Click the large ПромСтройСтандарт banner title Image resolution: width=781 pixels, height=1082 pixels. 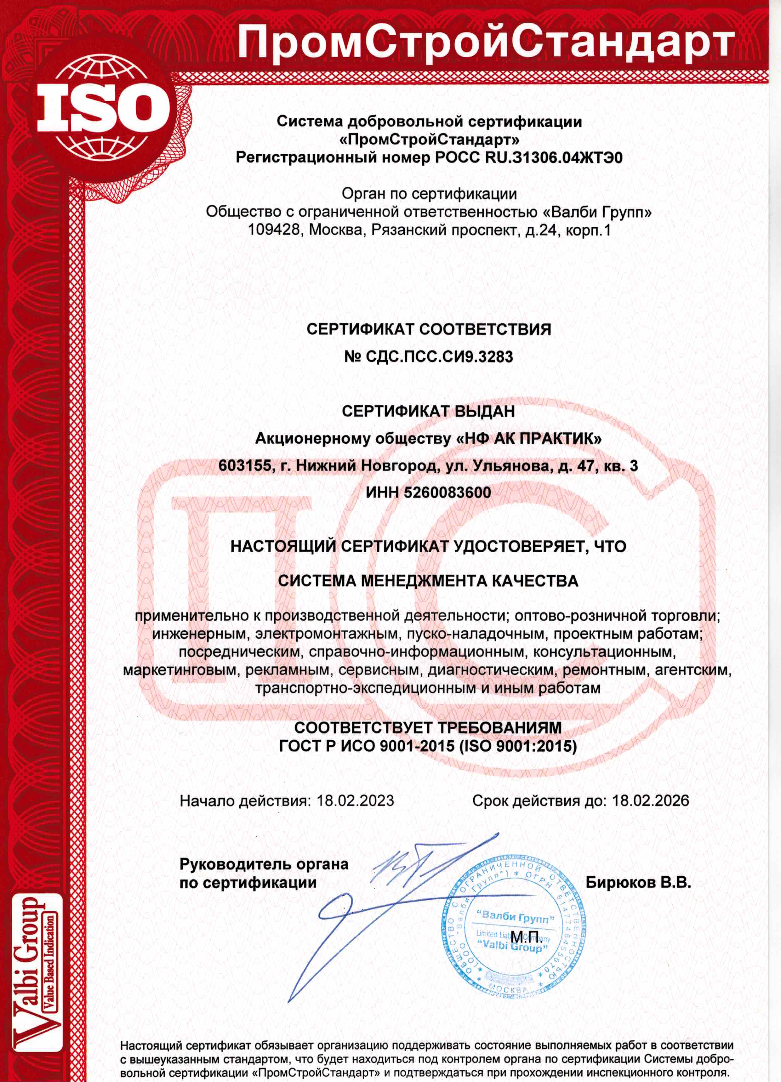pos(484,42)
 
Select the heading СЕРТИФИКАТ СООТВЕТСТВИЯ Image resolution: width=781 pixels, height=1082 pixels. pos(428,329)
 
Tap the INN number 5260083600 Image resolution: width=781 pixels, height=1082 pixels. pos(447,492)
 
